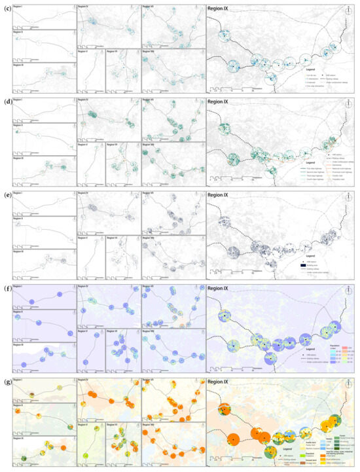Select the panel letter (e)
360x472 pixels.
(x=6, y=195)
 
